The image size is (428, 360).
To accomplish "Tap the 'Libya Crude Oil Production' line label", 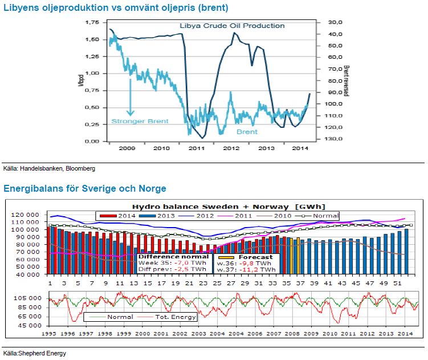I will (232, 26).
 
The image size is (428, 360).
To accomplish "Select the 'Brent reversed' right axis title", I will (346, 80).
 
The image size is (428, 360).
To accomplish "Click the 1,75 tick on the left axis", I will (91, 22).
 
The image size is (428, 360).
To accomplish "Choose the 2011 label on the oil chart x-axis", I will (196, 148).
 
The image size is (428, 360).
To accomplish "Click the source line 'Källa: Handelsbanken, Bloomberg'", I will (49, 169).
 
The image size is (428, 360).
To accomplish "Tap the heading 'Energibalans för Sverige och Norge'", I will (85, 188).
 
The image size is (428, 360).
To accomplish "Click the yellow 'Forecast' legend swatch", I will (224, 257).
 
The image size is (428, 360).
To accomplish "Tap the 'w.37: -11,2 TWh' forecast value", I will (246, 270).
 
